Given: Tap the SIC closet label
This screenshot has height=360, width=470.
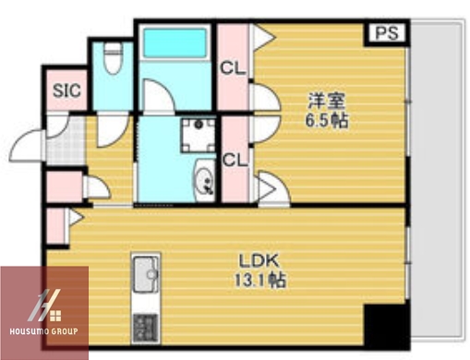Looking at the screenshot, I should coord(66,90).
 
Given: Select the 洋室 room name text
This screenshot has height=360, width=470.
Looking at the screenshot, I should coord(327,100).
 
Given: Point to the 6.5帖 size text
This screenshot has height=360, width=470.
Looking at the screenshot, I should coord(327,120).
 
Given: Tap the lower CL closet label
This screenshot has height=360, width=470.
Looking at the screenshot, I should coord(234,160).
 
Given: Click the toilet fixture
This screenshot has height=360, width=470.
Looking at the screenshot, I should coord(113,61).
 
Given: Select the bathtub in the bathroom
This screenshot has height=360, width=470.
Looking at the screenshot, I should coord(175,44).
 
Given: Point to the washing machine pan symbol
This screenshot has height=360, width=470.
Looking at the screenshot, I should coord(196,134).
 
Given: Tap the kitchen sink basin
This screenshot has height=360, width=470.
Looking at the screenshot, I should coord(146,274).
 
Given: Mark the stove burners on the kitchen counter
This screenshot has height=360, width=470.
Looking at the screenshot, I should coord(146,326).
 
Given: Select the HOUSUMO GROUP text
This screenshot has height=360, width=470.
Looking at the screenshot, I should coord(45,330).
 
